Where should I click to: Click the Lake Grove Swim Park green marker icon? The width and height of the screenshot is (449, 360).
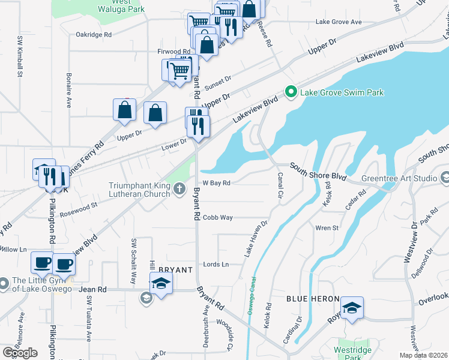click(292, 92)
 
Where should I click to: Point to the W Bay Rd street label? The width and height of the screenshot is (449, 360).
click(217, 183)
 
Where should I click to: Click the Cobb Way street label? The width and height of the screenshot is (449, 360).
click(217, 218)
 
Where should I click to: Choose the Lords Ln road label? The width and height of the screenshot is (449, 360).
click(216, 265)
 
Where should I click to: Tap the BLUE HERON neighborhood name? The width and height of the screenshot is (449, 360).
click(312, 299)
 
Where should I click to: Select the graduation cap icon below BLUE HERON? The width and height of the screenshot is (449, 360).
click(352, 308)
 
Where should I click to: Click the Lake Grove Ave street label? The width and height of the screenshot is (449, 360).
click(339, 22)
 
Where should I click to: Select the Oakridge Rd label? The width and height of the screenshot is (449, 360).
click(94, 35)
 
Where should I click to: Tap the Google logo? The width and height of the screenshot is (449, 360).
click(20, 353)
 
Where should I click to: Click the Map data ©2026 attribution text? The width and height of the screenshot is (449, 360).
click(424, 356)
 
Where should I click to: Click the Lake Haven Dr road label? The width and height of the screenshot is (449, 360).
click(256, 239)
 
